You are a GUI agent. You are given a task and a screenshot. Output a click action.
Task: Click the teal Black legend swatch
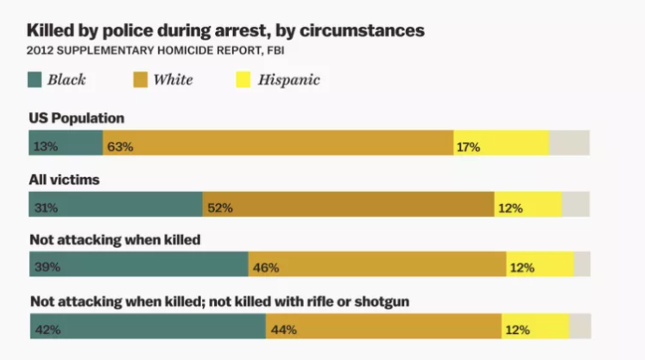pyautogui.click(x=36, y=81)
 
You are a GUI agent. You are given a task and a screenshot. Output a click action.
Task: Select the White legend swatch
pyautogui.click(x=141, y=81)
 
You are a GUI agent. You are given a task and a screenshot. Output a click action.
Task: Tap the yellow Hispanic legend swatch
pyautogui.click(x=243, y=81)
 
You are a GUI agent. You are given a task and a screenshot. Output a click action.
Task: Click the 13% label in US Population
pyautogui.click(x=46, y=147)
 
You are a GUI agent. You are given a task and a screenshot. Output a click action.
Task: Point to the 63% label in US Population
pyautogui.click(x=120, y=147)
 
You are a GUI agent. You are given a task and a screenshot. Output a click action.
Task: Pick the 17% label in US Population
pyautogui.click(x=468, y=147)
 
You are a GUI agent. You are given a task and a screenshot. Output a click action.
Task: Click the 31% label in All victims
pyautogui.click(x=46, y=208)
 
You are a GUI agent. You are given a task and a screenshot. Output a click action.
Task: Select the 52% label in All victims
pyautogui.click(x=220, y=208)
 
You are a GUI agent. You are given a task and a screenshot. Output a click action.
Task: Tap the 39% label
pyautogui.click(x=47, y=268)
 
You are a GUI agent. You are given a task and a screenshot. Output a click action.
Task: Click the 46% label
pyautogui.click(x=266, y=268)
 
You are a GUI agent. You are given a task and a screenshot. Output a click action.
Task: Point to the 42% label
pyautogui.click(x=47, y=329)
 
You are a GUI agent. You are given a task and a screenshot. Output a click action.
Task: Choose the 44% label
pyautogui.click(x=283, y=329)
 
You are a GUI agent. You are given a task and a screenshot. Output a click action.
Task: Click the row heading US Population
pyautogui.click(x=77, y=117)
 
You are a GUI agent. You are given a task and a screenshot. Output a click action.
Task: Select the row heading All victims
pyautogui.click(x=65, y=180)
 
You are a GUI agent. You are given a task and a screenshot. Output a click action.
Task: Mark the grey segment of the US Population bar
pyautogui.click(x=569, y=143)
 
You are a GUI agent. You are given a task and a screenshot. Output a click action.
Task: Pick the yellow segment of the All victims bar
pyautogui.click(x=528, y=205)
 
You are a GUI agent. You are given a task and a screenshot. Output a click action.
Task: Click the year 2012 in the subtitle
pyautogui.click(x=41, y=50)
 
